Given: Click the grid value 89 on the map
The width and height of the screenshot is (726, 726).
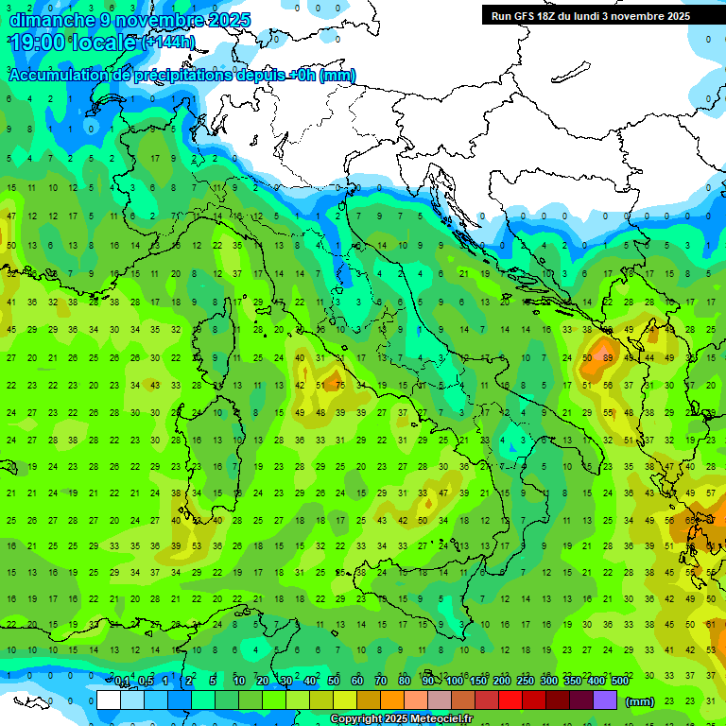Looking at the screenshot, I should click(x=608, y=358).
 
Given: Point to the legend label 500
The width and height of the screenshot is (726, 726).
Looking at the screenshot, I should click(x=620, y=682).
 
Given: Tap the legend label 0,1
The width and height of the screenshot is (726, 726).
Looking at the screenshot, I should click(x=122, y=682).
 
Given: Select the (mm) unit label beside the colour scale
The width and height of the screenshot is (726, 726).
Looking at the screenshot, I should click(x=640, y=701).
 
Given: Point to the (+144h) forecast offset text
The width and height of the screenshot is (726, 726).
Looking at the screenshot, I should click(x=169, y=42).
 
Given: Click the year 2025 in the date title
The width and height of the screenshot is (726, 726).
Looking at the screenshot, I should click(x=230, y=19).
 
